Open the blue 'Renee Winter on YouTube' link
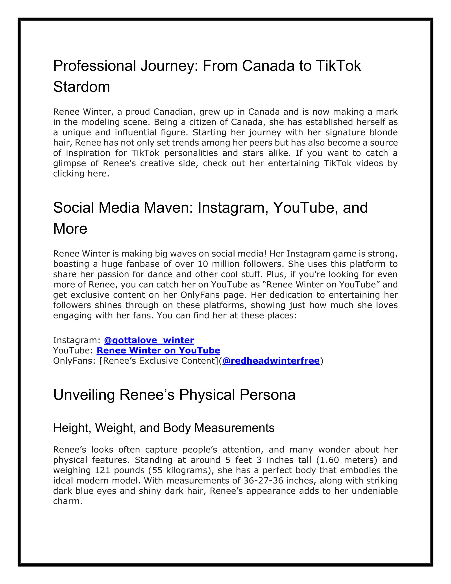pos(158,350)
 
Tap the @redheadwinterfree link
pos(271,361)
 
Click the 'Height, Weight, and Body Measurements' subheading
pos(164,428)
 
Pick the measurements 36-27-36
pos(263,480)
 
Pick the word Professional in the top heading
pos(95,66)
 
